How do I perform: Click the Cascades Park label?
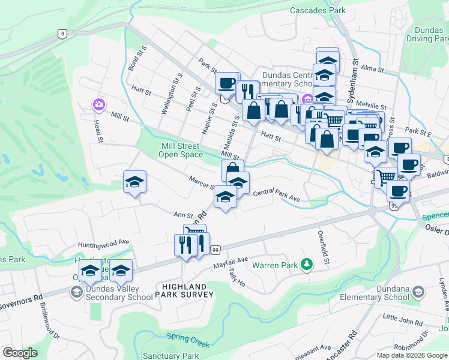[x=318, y=10]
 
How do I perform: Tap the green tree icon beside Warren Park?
[x=307, y=264]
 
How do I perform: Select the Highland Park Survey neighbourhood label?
[x=184, y=290]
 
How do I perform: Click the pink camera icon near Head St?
[x=98, y=105]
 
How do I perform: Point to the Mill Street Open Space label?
[x=181, y=150]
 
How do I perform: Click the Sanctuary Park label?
[x=175, y=356]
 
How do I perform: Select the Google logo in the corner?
[x=20, y=353]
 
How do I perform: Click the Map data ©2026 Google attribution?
[x=411, y=355]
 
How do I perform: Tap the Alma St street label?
[x=372, y=70]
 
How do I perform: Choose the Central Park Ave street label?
[x=276, y=195]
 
